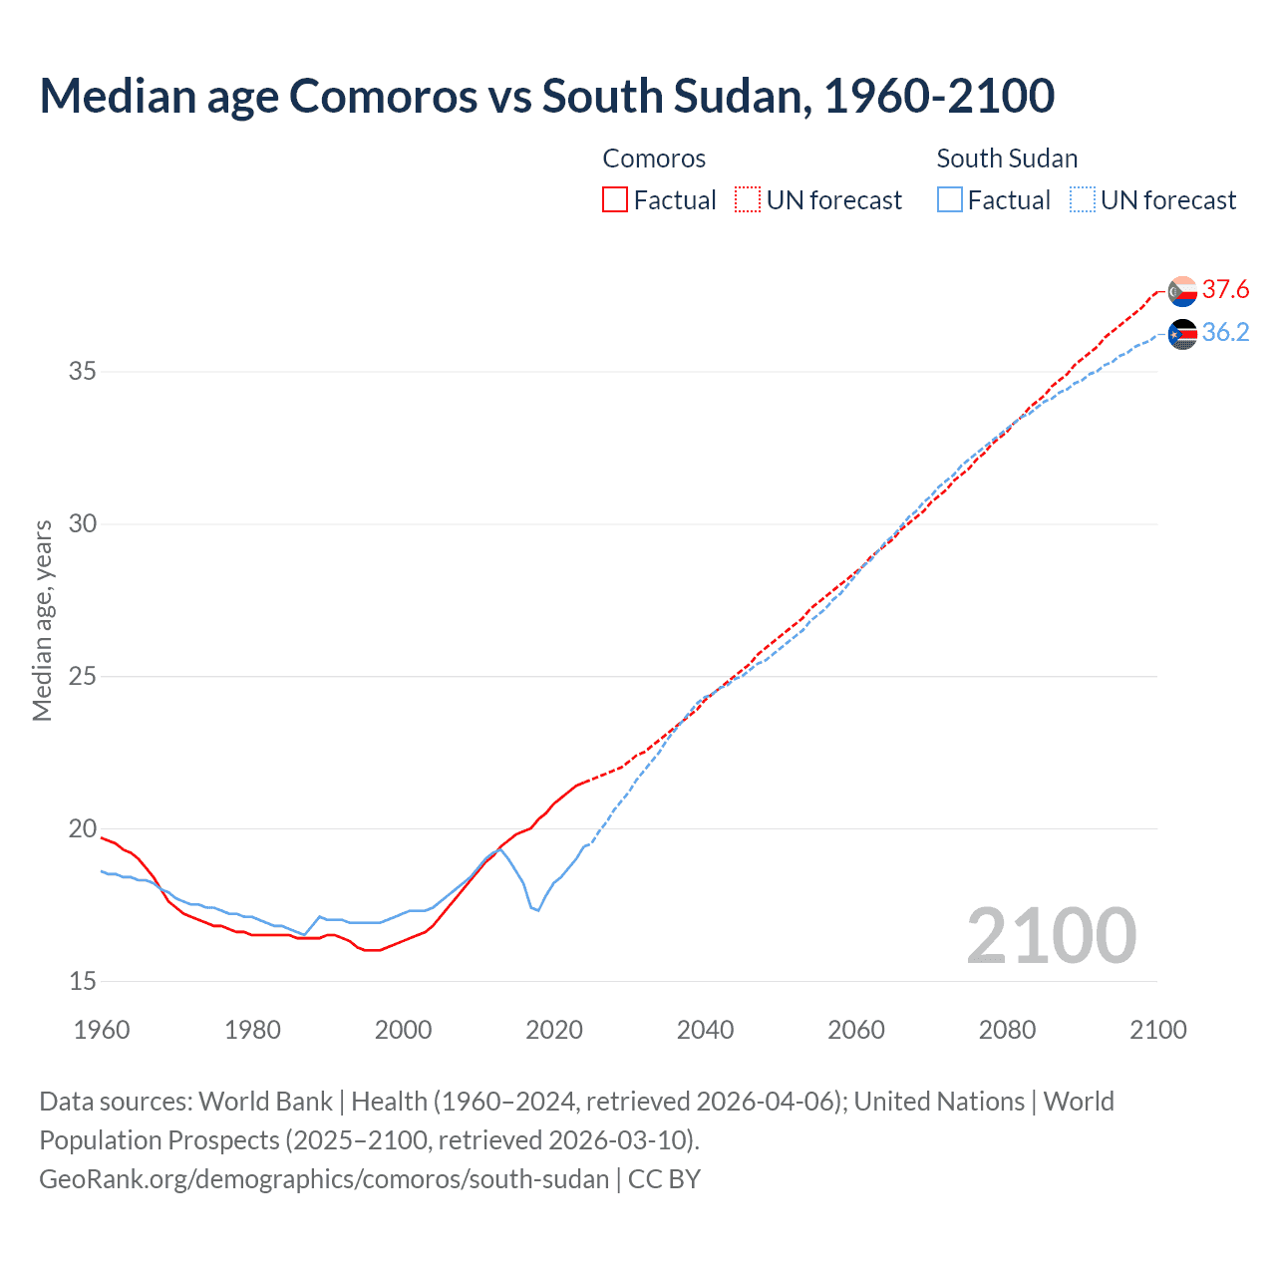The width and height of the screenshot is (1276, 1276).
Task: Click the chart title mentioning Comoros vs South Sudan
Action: point(546,96)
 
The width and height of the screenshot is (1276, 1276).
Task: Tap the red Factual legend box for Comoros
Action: point(615,200)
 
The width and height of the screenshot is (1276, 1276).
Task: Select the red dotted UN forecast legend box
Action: point(748,200)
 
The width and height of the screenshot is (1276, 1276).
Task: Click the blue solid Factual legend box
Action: point(950,200)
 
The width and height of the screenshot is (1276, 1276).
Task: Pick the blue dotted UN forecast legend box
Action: point(1083,200)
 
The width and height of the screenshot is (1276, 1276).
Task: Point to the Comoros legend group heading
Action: point(654,159)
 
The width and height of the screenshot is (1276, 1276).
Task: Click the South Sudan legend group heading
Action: point(1007,159)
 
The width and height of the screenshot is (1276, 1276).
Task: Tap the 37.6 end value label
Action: point(1225,290)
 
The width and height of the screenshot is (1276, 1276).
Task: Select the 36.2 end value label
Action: point(1225,333)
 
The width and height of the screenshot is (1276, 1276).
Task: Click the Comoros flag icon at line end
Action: point(1182,291)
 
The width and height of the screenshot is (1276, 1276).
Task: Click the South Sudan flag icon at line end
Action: point(1182,334)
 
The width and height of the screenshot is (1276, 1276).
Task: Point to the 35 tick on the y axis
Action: point(83,372)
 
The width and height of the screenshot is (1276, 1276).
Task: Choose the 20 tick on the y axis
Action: point(83,829)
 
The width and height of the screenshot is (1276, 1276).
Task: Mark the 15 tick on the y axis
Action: point(83,982)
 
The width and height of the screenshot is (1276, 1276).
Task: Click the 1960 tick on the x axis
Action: point(102,1030)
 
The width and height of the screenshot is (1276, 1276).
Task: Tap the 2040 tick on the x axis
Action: point(705,1030)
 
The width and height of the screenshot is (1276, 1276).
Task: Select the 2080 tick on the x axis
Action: point(1007,1030)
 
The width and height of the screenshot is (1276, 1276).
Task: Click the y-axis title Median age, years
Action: point(42,620)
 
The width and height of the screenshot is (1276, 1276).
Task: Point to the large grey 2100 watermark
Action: point(1051,935)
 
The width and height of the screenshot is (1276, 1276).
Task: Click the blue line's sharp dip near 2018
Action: point(538,910)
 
